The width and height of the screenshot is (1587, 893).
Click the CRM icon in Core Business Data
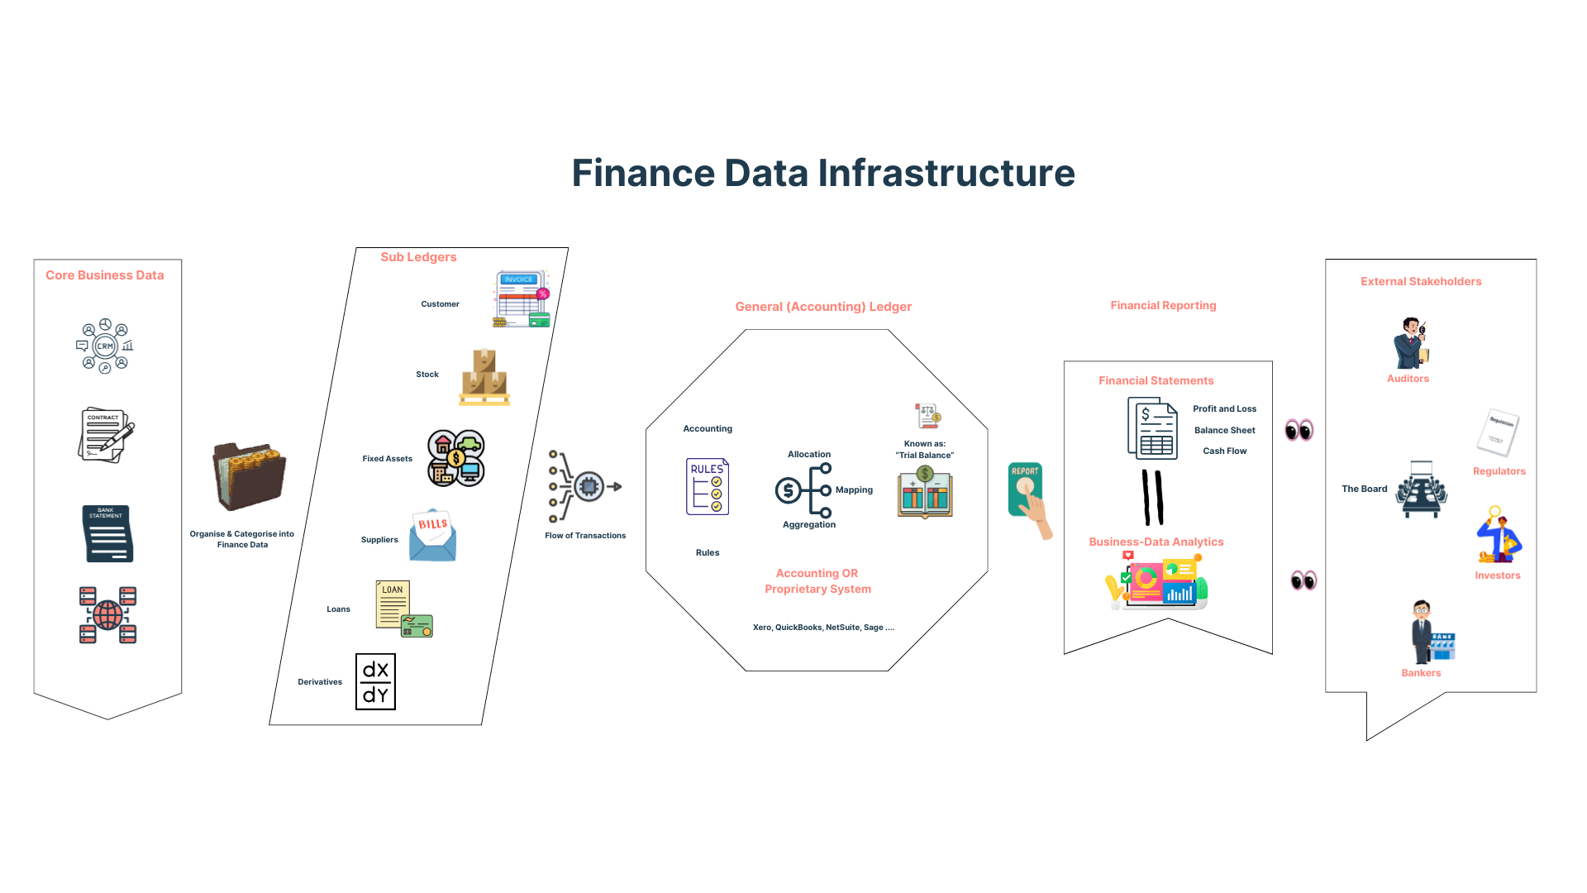(105, 346)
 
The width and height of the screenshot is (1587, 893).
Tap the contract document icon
(106, 435)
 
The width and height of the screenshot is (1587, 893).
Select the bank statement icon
(107, 534)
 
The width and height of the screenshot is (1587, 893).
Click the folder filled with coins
(249, 476)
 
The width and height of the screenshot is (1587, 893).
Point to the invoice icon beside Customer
(522, 298)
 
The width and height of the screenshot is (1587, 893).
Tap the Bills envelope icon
(432, 535)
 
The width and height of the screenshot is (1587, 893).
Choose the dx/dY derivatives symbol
(375, 682)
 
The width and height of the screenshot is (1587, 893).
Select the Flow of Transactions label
(585, 536)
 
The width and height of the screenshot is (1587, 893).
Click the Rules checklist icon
(708, 486)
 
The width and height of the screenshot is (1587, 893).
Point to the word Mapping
(854, 490)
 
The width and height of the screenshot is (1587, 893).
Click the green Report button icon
(1026, 489)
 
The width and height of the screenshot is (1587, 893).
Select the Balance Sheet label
(1224, 431)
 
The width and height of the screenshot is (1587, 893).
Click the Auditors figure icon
(1410, 343)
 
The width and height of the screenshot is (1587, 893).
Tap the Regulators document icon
(1498, 432)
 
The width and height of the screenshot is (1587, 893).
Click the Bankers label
(1421, 673)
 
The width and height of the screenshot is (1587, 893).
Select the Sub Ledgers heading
(418, 257)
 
